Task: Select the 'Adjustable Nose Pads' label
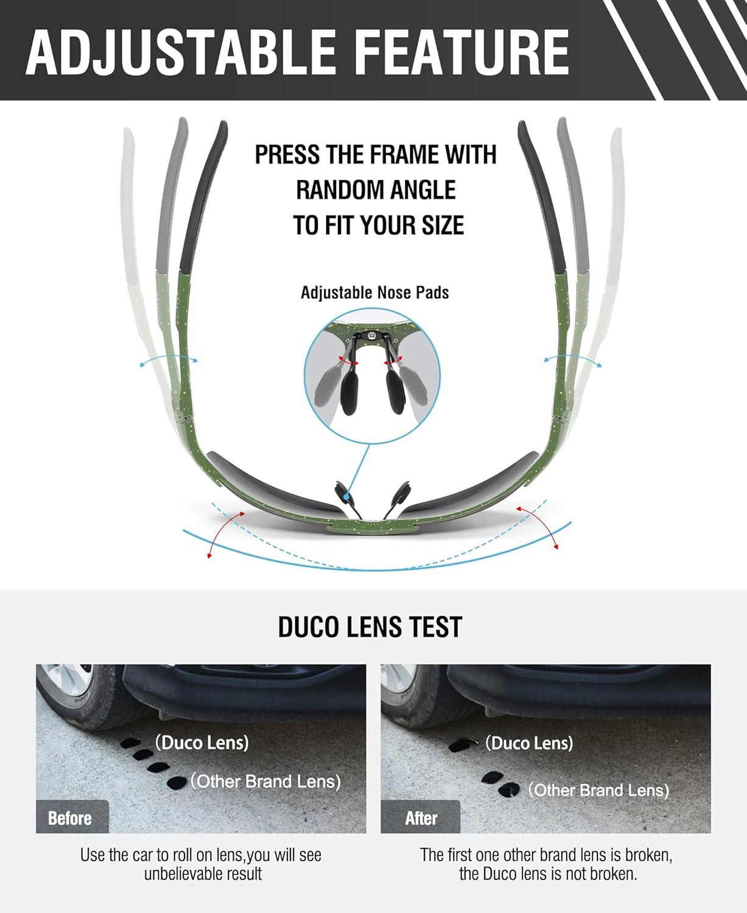[374, 293]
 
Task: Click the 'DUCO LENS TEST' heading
[370, 627]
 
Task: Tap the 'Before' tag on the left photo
[70, 818]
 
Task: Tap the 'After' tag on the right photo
[421, 818]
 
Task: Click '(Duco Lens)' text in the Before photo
[202, 743]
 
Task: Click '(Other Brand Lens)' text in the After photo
[598, 790]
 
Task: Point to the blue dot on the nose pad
[346, 495]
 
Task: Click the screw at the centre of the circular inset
[371, 335]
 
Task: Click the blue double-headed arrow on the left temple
[169, 357]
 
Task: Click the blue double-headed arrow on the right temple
[572, 357]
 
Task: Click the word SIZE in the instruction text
[443, 226]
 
